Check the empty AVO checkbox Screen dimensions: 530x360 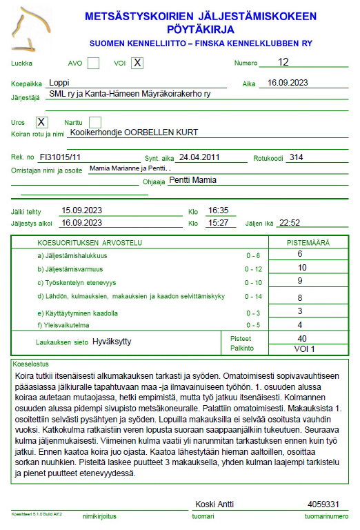point(94,63)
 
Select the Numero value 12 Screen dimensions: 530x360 point(283,62)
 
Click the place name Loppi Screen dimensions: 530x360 point(61,82)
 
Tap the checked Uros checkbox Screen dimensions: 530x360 point(41,122)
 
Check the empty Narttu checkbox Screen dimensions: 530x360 point(95,122)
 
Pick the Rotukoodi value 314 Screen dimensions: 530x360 point(297,157)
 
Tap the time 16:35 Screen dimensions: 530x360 point(218,210)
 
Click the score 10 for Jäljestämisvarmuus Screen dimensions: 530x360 point(301,268)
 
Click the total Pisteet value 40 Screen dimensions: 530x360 point(301,339)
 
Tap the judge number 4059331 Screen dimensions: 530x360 point(323,504)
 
